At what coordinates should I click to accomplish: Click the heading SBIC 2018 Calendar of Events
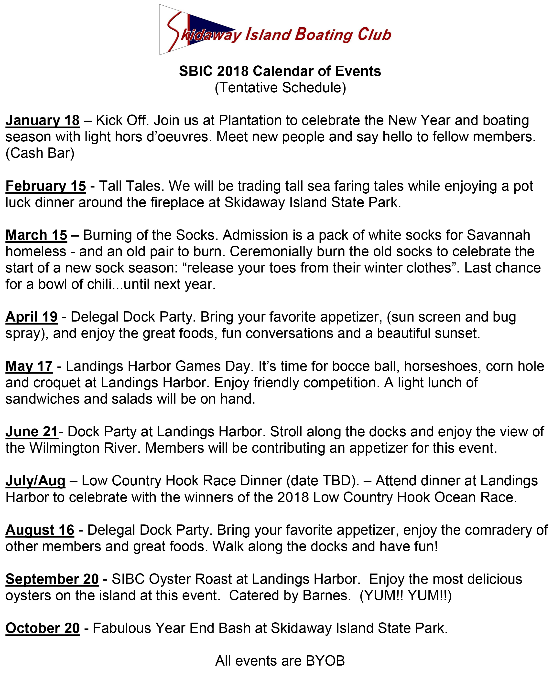[280, 71]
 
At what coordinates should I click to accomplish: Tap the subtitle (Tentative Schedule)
[280, 88]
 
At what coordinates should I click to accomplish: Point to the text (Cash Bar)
[40, 153]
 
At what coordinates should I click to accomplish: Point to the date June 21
[32, 432]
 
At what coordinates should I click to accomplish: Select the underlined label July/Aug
[35, 481]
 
